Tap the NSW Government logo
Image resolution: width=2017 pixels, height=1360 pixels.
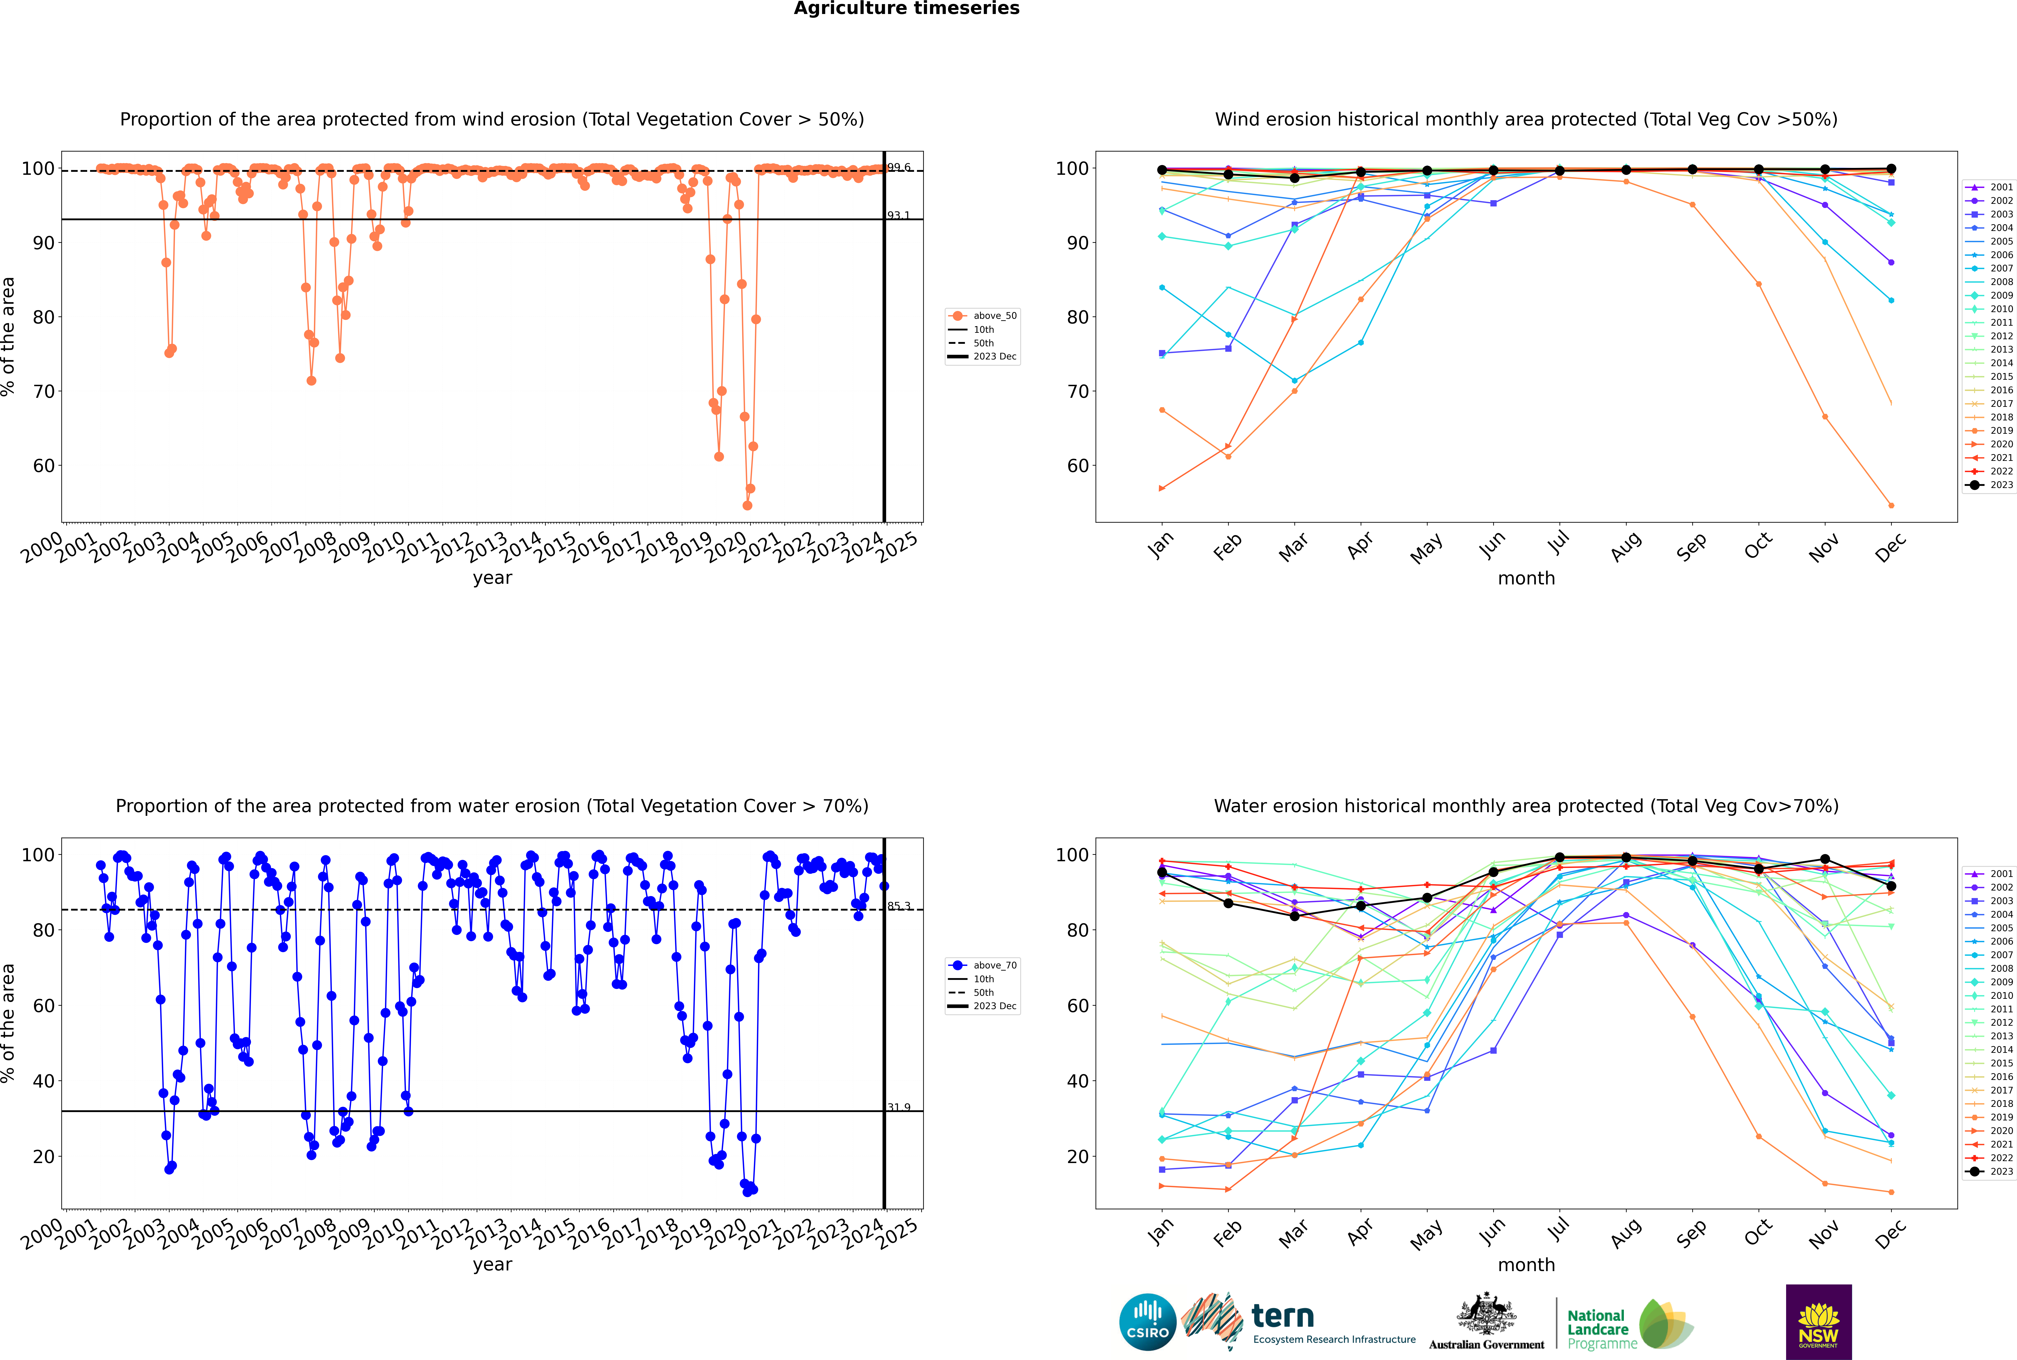(x=1818, y=1322)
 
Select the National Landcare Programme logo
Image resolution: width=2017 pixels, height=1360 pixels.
(x=1629, y=1324)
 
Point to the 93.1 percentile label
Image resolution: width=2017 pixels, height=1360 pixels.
(x=898, y=215)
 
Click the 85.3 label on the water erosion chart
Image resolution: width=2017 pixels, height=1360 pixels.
(x=898, y=906)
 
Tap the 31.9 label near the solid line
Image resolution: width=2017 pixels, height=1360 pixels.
(x=898, y=1108)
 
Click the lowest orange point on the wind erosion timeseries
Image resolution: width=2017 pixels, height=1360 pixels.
(x=748, y=506)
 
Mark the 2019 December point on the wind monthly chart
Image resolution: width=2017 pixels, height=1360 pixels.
(x=1891, y=506)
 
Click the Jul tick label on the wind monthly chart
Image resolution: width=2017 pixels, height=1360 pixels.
(x=1558, y=544)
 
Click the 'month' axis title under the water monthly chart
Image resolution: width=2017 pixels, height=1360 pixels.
(x=1526, y=1266)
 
